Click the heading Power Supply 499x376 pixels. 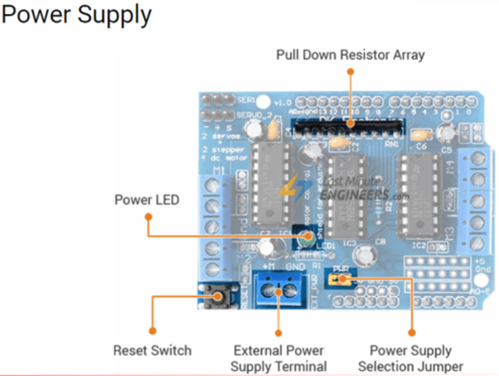76,15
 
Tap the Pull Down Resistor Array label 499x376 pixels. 350,55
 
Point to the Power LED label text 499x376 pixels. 147,200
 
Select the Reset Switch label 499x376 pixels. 152,350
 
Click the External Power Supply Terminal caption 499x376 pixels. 279,358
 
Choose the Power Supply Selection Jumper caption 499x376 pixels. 411,358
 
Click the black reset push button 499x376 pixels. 219,296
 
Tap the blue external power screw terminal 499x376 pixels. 279,291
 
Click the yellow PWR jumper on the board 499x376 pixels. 338,279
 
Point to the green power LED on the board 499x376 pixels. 307,237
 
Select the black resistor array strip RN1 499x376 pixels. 349,129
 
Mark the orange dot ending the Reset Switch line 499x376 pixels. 152,331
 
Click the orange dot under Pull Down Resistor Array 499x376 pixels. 350,72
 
